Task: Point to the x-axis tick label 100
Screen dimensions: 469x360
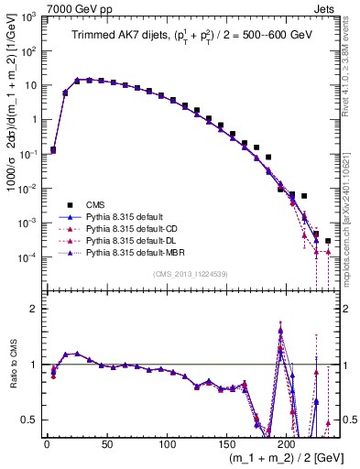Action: pyautogui.click(x=167, y=444)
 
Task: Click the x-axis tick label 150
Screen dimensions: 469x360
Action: pyautogui.click(x=226, y=444)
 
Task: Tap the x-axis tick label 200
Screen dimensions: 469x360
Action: pyautogui.click(x=287, y=444)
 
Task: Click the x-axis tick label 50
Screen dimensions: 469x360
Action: pyautogui.click(x=106, y=444)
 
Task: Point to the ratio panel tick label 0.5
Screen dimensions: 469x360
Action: pyautogui.click(x=30, y=420)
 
